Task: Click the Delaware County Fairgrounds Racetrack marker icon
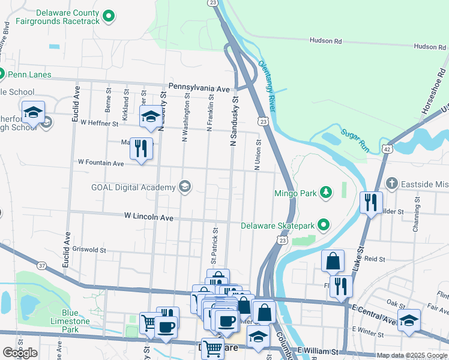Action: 109,16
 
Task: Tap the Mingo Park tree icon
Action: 325,192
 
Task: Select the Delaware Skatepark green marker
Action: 324,226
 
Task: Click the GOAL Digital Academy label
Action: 133,187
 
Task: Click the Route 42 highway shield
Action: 387,148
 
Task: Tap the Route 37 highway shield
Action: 41,265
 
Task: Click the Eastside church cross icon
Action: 391,183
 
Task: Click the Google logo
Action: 20,353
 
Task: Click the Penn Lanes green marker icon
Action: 1,75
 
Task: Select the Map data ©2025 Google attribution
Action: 412,355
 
